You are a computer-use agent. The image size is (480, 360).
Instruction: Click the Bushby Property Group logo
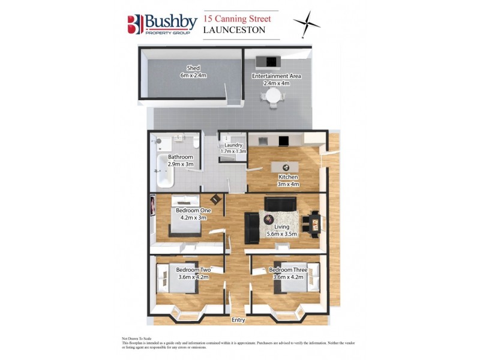pyautogui.click(x=162, y=24)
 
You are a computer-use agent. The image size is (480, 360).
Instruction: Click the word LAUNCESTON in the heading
pyautogui.click(x=234, y=29)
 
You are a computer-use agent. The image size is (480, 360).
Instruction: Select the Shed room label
pyautogui.click(x=193, y=68)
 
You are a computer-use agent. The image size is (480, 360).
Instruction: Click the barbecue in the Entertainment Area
pyautogui.click(x=267, y=62)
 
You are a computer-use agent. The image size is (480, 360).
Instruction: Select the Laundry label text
pyautogui.click(x=233, y=146)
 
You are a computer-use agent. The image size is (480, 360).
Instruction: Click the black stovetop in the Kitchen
pyautogui.click(x=283, y=141)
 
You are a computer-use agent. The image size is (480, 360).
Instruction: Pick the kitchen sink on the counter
pyautogui.click(x=262, y=141)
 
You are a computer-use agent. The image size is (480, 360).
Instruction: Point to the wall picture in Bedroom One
pyautogui.click(x=153, y=205)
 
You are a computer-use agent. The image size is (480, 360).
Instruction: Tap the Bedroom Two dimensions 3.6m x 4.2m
pyautogui.click(x=192, y=277)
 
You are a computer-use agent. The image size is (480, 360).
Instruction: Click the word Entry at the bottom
pyautogui.click(x=238, y=320)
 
